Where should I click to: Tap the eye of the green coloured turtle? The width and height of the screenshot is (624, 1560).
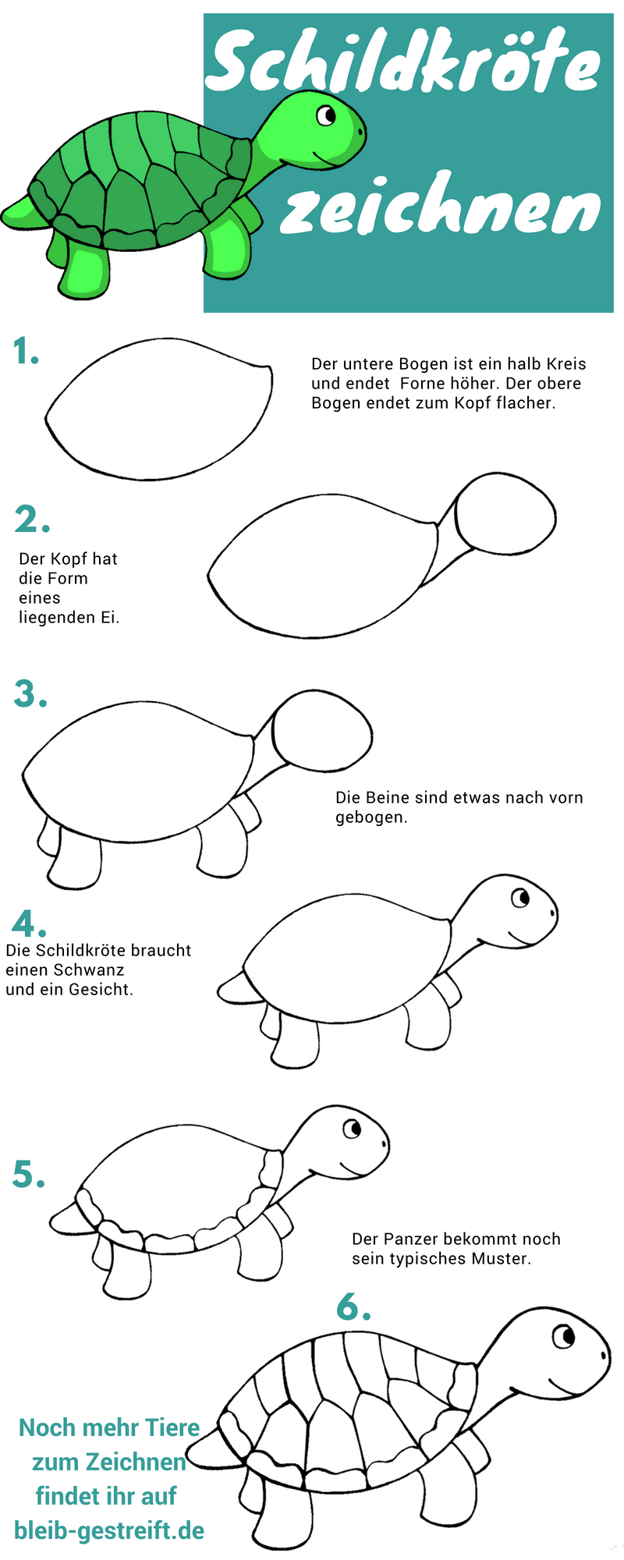325,116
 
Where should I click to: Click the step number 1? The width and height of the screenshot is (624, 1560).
26,352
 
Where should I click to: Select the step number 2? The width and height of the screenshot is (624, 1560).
32,519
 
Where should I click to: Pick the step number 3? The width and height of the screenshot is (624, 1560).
30,693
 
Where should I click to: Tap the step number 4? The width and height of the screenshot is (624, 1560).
29,924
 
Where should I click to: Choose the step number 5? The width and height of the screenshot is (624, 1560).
29,1174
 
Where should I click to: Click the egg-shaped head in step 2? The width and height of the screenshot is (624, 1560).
505,513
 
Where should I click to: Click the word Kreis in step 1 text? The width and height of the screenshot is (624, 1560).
566,363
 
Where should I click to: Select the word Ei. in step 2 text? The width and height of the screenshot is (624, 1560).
109,617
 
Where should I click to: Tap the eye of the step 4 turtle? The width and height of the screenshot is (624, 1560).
520,898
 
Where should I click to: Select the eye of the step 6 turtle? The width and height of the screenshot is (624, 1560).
564,1337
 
